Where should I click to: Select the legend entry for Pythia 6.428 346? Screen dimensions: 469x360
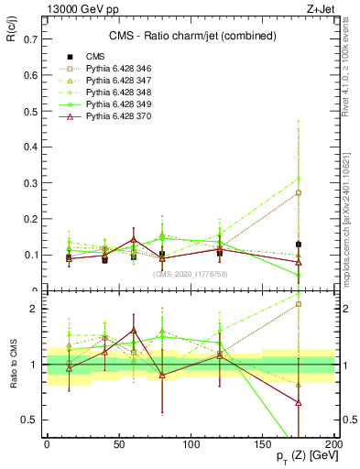coord(115,69)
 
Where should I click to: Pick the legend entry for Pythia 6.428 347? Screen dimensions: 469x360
coord(115,81)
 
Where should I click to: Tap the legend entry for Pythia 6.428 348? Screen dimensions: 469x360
coord(115,93)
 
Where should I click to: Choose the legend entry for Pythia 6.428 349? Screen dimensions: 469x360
coord(115,104)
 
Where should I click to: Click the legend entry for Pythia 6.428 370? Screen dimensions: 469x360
coord(115,116)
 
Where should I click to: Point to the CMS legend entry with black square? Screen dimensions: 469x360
coord(95,57)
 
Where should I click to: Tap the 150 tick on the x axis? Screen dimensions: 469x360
coord(263,443)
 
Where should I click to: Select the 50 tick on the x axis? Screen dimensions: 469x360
coord(119,443)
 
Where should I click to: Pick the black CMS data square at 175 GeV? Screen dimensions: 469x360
coord(299,245)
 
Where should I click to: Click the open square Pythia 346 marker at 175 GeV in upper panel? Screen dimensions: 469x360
coord(299,192)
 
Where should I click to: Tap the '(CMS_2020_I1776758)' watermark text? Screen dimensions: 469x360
coord(190,274)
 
